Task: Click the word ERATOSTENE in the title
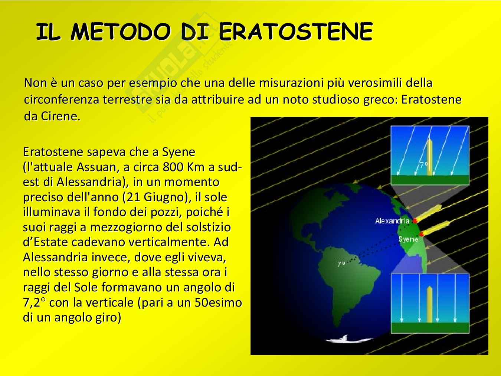295,32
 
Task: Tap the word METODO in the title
121,32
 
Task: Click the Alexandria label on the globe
392,220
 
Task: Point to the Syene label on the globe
408,239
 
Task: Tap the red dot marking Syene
421,234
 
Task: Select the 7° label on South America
341,264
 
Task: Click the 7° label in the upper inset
424,164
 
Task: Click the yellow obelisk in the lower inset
429,304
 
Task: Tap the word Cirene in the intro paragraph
60,116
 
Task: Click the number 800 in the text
173,167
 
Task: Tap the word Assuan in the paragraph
98,167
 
